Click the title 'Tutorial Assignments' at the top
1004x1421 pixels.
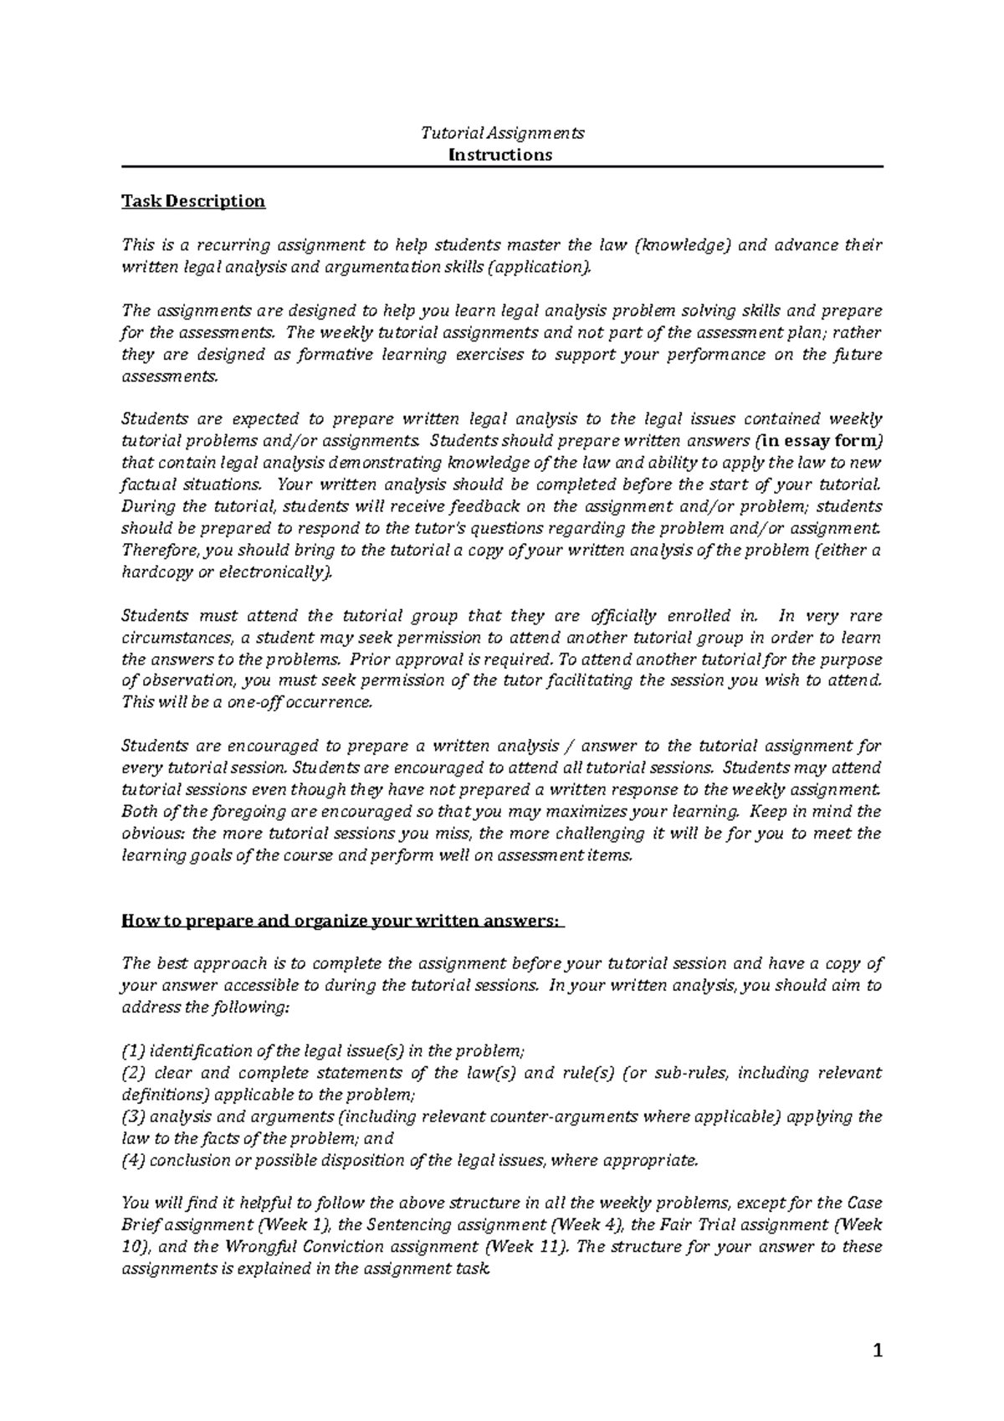(x=501, y=133)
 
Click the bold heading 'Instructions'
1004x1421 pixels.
(x=500, y=155)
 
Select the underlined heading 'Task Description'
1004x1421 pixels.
(x=193, y=201)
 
